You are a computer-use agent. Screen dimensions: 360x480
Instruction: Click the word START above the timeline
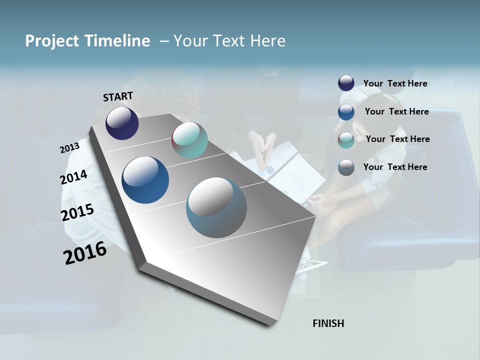point(118,96)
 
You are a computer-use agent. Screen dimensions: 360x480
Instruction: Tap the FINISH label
point(328,323)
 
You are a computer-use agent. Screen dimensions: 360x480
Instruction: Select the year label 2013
point(69,148)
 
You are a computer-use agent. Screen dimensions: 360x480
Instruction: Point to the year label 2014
point(73,177)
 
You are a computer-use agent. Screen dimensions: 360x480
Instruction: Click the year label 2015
point(77,212)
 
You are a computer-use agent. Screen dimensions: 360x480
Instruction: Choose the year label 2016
point(85,253)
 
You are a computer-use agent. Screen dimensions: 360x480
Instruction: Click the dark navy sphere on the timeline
point(122,123)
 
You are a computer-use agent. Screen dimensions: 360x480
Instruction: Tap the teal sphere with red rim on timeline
point(189,140)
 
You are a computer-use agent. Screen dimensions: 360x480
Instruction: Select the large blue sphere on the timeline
point(145,180)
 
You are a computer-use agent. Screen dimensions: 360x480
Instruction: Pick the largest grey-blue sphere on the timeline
point(216,207)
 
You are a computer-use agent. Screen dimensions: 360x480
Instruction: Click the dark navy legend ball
point(346,83)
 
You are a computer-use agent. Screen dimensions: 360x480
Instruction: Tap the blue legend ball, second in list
point(346,112)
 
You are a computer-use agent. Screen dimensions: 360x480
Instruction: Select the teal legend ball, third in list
point(346,140)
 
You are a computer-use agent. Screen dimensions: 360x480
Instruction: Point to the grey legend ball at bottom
point(346,167)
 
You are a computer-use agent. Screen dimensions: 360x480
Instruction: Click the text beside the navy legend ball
point(395,83)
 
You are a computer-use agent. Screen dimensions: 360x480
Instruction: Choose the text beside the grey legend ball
point(395,167)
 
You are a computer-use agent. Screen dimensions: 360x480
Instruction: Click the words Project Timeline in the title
point(87,41)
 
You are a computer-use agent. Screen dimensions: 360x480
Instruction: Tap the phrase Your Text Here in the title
point(229,41)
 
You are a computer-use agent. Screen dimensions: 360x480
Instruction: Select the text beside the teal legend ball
point(397,139)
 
